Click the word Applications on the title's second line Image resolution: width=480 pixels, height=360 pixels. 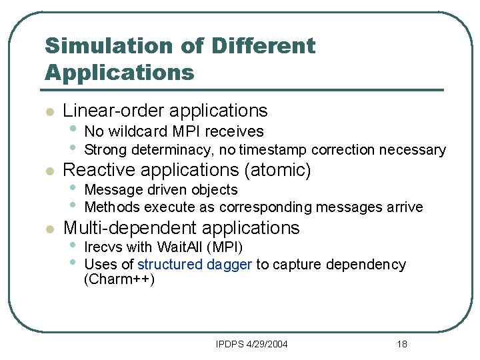pos(119,71)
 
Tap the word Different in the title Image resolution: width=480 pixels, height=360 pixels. pos(263,46)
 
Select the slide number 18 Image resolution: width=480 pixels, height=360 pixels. pos(401,344)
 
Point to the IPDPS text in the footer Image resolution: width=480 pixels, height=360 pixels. pos(228,344)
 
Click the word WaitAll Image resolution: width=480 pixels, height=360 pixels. pos(179,248)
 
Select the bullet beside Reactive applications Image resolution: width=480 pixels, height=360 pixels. pos(48,171)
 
